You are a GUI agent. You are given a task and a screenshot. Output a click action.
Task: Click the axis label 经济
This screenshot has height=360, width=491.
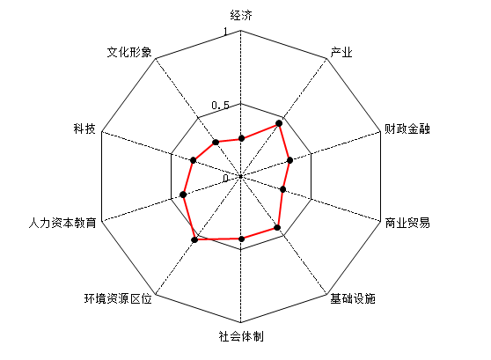coord(241,15)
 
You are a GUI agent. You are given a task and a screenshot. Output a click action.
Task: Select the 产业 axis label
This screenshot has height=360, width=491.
coord(341,52)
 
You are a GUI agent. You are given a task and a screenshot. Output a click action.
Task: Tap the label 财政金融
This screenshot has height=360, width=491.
coord(407,129)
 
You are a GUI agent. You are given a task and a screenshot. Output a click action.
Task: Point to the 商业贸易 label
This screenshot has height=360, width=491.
coord(407,223)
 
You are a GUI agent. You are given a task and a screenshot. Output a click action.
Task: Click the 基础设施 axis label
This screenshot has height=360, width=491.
coord(353,298)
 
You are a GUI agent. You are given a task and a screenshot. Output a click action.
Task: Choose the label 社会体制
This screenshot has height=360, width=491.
coord(241,336)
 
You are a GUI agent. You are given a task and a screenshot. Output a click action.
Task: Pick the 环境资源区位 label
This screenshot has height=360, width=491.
coord(118,298)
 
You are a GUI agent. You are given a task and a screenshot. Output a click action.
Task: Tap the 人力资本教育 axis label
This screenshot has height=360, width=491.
coord(62,223)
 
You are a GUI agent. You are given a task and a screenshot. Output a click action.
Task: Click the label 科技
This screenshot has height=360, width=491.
coord(84,129)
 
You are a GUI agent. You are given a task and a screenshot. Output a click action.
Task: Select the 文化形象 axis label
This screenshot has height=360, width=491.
coord(129,52)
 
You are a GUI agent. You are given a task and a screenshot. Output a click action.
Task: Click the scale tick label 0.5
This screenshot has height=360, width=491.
coord(221,105)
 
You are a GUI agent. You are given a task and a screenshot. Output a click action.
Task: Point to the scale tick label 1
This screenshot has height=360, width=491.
coord(225,32)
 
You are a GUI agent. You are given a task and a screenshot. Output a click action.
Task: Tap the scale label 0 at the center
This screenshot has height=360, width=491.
coord(226,179)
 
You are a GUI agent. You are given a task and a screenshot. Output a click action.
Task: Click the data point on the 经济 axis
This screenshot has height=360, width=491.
coord(241,138)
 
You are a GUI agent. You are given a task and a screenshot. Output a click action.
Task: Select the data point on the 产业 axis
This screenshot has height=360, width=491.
coord(279,124)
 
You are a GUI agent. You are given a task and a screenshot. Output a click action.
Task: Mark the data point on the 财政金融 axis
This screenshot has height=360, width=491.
coord(290,160)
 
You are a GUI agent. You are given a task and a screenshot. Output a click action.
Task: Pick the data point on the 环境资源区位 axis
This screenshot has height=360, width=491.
coord(194,239)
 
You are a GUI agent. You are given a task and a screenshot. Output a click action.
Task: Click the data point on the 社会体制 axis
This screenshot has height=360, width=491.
coord(241,239)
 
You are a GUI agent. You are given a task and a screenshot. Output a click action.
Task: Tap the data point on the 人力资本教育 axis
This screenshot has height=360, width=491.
coord(184,195)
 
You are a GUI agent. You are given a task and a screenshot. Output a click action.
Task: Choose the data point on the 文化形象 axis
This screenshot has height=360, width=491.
coord(216,143)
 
